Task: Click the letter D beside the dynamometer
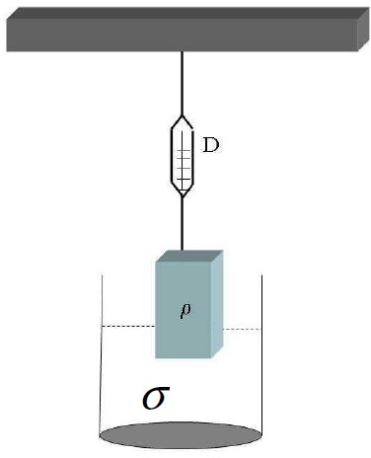[x=211, y=145]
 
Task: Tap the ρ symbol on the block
[x=185, y=310]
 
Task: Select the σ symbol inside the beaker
[x=156, y=398]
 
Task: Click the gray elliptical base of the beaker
[x=181, y=435]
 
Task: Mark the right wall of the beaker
[x=261, y=355]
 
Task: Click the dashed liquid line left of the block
[x=128, y=326]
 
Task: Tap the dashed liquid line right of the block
[x=243, y=329]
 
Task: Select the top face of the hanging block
[x=189, y=256]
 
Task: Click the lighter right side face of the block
[x=217, y=304]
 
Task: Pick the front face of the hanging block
[x=183, y=310]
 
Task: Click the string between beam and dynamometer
[x=182, y=84]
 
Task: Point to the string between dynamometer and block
[x=182, y=224]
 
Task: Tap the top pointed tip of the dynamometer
[x=182, y=115]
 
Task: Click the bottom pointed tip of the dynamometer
[x=183, y=197]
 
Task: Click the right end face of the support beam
[x=363, y=29]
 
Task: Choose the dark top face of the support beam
[x=187, y=13]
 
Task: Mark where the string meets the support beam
[x=182, y=51]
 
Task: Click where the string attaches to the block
[x=182, y=251]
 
